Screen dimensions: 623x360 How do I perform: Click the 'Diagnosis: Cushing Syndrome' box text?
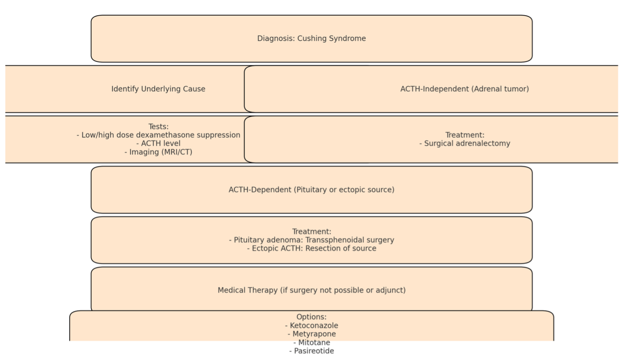312,38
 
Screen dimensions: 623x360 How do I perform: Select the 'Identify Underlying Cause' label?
158,89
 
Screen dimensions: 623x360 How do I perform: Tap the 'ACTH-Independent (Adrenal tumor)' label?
464,89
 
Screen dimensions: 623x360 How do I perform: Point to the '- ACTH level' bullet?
158,144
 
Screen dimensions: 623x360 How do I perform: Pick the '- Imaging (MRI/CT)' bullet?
158,152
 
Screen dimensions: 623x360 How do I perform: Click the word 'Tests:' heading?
158,127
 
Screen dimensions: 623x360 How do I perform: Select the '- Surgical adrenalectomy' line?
465,144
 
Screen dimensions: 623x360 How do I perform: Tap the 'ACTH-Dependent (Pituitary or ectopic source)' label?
312,189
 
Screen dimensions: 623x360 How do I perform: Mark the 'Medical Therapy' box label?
247,290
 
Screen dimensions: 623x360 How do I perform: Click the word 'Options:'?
312,317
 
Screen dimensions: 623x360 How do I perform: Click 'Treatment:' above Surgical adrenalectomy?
465,135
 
